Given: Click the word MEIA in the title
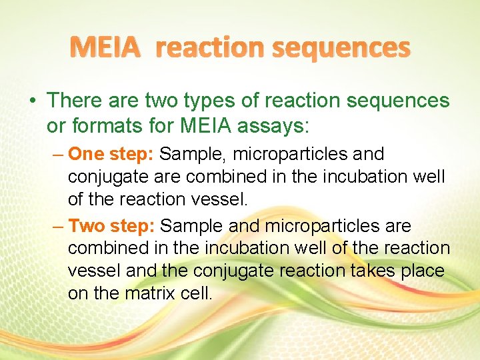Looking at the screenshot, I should pos(106,47).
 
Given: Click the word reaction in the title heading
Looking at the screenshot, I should pos(215,47).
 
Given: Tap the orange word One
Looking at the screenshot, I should pos(84,154).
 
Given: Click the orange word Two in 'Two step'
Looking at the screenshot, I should pos(85,226).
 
